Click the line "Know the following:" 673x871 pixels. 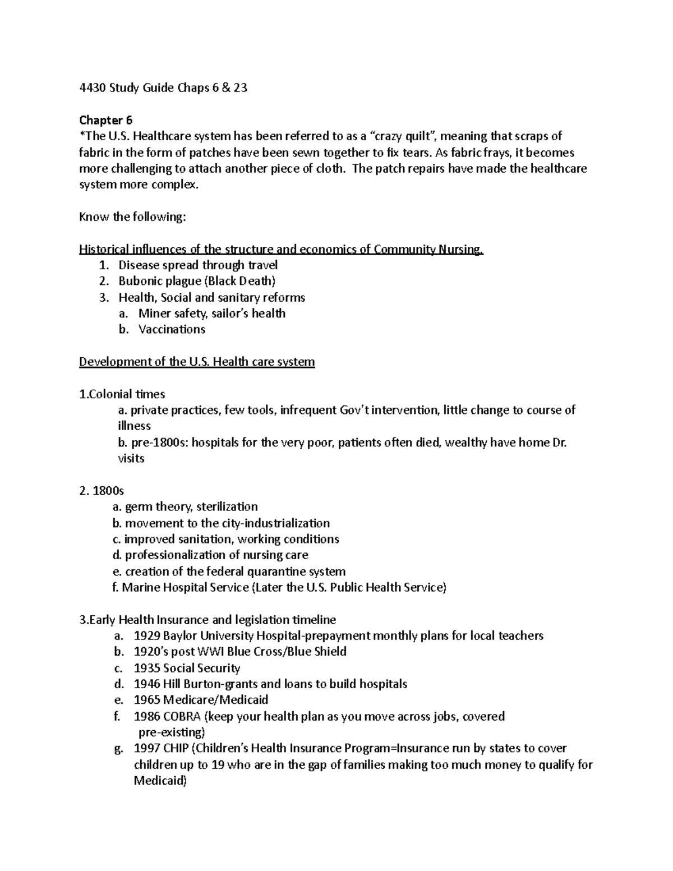pos(132,217)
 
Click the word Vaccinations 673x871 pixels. pos(172,329)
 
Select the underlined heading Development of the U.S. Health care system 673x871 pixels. pos(197,362)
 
